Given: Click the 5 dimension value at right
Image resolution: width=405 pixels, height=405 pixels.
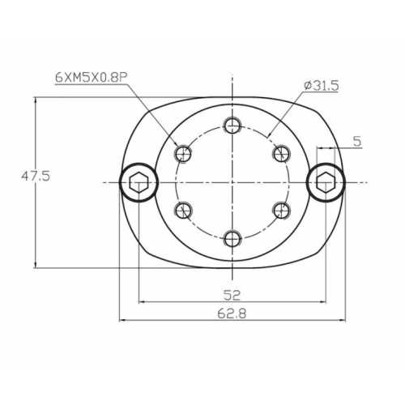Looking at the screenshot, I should [x=358, y=141].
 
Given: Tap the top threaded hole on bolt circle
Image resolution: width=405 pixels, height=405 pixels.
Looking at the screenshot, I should [x=233, y=125].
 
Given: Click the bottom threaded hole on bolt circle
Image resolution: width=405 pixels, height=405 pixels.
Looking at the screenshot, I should [x=233, y=238].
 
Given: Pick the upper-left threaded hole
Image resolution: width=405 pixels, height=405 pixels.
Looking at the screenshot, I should [x=184, y=153].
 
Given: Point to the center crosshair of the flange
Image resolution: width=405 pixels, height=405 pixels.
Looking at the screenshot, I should [x=233, y=182].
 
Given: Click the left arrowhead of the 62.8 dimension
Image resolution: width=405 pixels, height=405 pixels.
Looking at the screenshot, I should [x=123, y=320].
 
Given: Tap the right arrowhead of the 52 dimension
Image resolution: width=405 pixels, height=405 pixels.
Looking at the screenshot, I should [x=324, y=302].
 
